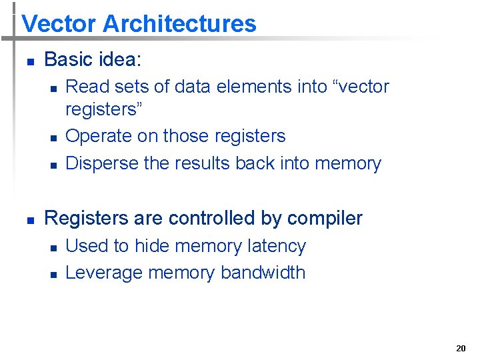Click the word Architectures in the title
coord(179,24)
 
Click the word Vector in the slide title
coord(59,24)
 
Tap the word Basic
coord(69,59)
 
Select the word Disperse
coord(102,163)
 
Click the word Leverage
coord(104,273)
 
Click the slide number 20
coord(461,348)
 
